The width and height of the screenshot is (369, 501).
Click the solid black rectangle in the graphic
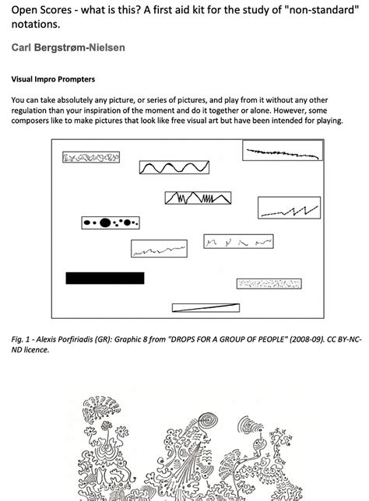(x=105, y=278)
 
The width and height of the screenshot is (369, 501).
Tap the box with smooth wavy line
(x=174, y=167)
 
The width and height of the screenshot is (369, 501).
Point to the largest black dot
(x=104, y=223)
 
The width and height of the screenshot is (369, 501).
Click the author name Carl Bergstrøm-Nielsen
(x=68, y=48)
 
